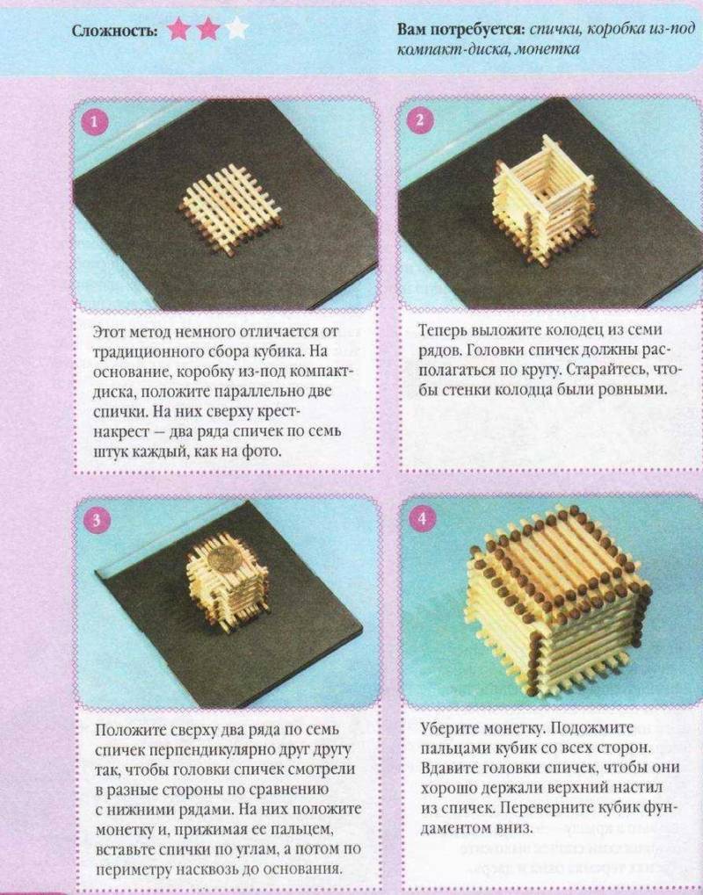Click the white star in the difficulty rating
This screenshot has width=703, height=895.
[x=236, y=28]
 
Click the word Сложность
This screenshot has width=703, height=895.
[x=115, y=30]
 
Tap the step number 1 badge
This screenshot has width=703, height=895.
[x=95, y=121]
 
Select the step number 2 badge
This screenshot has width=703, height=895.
[x=420, y=120]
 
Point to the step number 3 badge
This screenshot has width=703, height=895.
[x=96, y=520]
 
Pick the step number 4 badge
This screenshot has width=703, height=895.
[x=422, y=518]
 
